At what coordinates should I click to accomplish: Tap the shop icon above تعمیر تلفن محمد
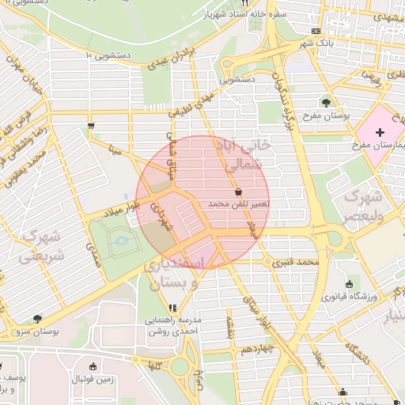[x=238, y=191]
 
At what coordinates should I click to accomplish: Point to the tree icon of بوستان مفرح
[x=326, y=102]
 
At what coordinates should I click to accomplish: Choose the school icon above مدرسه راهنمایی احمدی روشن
[x=172, y=308]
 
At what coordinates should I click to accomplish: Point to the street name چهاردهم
[x=258, y=349]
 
